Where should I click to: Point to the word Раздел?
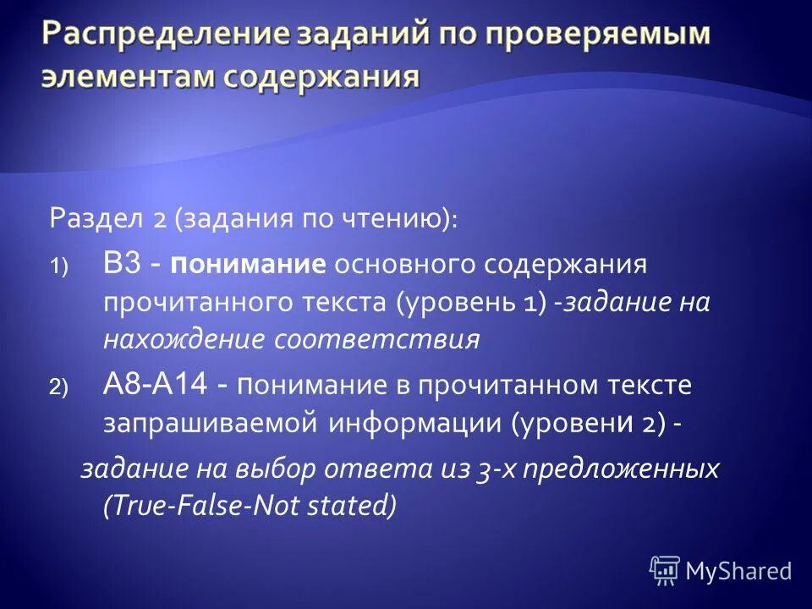[x=97, y=219]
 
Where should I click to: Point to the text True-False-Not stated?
[x=250, y=506]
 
